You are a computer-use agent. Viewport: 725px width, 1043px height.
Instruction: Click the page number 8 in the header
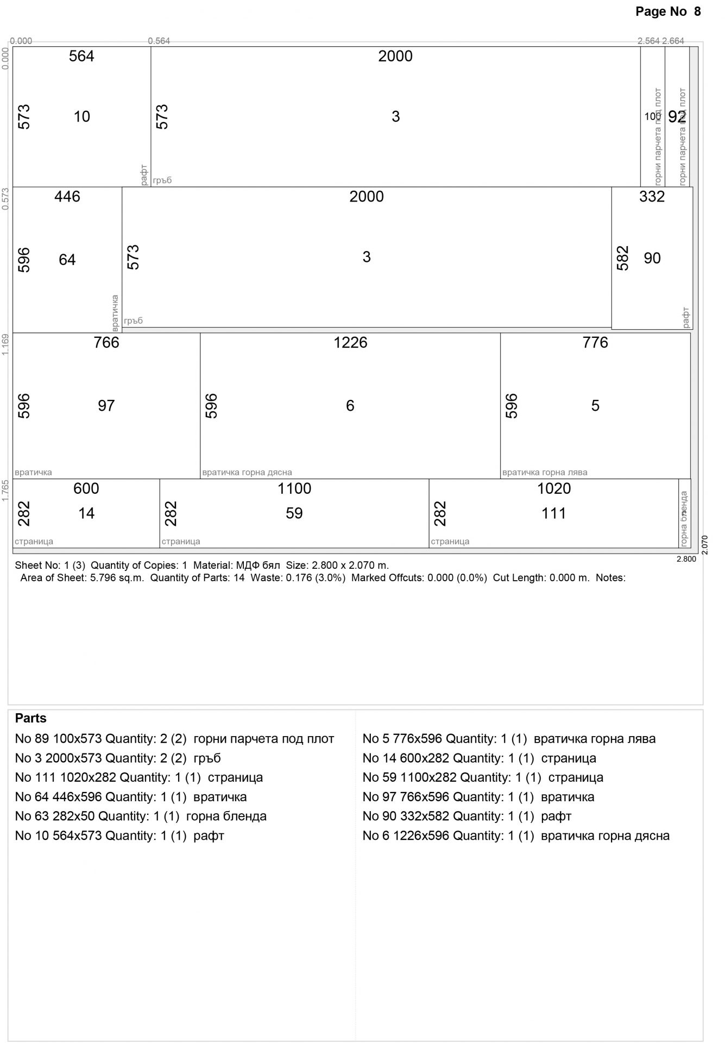[x=697, y=11]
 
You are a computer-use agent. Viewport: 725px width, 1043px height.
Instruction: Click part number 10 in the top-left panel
[x=81, y=116]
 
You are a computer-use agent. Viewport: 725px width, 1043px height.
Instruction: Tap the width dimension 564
[x=81, y=56]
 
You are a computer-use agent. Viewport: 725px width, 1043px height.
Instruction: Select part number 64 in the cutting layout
[x=67, y=260]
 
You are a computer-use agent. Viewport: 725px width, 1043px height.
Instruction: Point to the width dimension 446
[x=67, y=197]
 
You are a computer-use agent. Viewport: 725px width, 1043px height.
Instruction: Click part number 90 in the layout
[x=652, y=258]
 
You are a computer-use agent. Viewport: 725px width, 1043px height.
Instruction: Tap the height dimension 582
[x=622, y=258]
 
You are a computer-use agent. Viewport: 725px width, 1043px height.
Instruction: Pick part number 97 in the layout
[x=106, y=405]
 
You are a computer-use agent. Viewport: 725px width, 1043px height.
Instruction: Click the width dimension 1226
[x=350, y=342]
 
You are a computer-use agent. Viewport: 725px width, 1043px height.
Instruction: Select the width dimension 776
[x=595, y=342]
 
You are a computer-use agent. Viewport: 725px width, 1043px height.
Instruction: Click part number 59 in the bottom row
[x=294, y=513]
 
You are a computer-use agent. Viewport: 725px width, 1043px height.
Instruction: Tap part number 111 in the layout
[x=553, y=513]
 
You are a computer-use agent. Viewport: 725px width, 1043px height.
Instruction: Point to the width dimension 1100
[x=294, y=488]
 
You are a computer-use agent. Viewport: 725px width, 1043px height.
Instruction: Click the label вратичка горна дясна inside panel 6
[x=247, y=472]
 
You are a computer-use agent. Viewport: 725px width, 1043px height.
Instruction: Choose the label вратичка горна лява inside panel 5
[x=545, y=472]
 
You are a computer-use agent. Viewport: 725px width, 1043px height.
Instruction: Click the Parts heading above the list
[x=30, y=718]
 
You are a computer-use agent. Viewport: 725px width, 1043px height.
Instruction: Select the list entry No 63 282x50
[x=141, y=816]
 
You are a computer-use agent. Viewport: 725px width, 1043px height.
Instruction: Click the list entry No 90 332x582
[x=466, y=816]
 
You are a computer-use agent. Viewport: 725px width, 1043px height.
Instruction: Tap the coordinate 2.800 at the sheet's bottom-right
[x=686, y=558]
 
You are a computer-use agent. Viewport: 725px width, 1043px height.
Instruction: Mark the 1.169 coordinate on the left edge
[x=5, y=345]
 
